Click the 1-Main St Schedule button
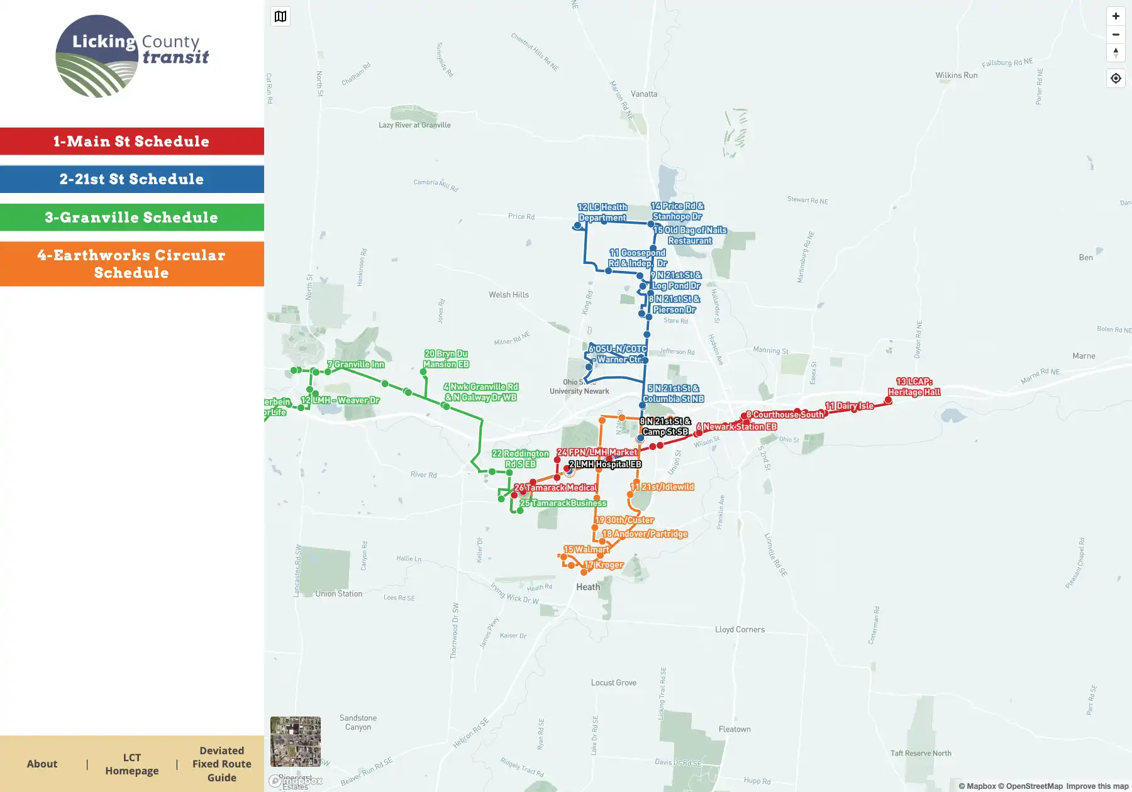131,141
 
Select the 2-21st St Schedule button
131,179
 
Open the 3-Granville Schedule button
131,217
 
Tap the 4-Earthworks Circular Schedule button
131,264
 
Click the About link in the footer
42,764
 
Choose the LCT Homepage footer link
132,764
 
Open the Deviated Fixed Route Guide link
221,764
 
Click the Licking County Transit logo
132,57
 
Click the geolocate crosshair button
1116,79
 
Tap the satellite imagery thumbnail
296,741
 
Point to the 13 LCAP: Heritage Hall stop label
914,387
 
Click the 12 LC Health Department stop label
602,212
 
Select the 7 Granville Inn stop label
355,365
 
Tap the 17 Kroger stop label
604,565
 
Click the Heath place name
588,587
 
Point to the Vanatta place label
644,94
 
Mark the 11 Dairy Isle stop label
849,406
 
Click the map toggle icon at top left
280,16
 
